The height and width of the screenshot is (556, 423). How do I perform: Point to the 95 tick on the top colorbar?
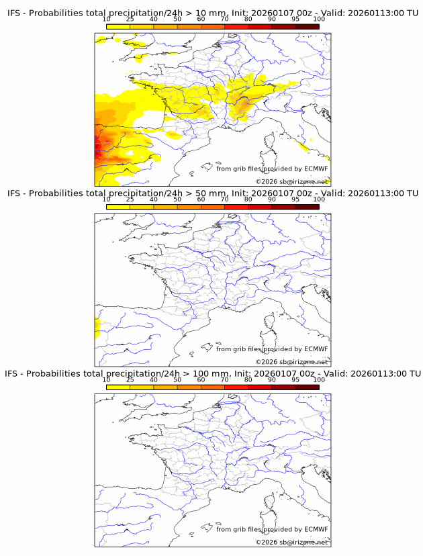[295, 19]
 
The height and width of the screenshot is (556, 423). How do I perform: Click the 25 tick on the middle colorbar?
[130, 199]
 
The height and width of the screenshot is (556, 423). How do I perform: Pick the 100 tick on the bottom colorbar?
[319, 379]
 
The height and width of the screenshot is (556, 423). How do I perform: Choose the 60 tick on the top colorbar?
[201, 19]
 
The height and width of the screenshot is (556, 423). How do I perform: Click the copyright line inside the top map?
[292, 182]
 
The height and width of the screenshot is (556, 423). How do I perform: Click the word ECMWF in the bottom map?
[316, 529]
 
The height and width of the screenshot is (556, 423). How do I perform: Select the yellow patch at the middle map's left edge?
[97, 328]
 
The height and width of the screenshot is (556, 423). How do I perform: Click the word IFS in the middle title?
[13, 194]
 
